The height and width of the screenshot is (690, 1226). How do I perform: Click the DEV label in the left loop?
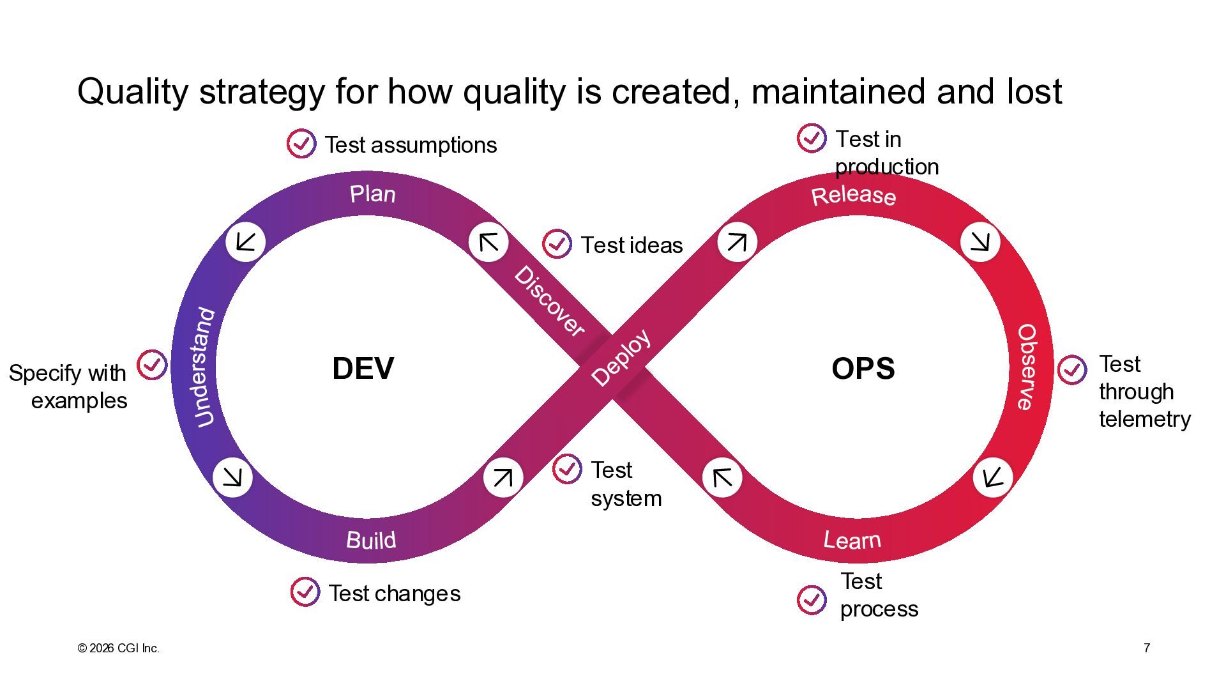pos(363,369)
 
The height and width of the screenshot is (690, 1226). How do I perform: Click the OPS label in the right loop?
pos(863,369)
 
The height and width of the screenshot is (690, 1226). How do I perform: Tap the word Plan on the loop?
pos(372,194)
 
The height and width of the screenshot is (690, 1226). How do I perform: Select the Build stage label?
pos(371,540)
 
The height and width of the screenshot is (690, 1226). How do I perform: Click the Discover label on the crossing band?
pos(549,301)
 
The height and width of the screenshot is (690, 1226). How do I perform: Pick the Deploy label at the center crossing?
pos(621,358)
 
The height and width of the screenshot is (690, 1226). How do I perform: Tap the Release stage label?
pos(853,195)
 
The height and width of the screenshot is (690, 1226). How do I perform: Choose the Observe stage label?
pos(1026,367)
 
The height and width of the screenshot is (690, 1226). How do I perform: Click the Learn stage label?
pos(852,540)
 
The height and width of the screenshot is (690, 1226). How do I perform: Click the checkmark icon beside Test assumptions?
pos(301,144)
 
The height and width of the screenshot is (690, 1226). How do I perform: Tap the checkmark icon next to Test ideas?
pos(556,243)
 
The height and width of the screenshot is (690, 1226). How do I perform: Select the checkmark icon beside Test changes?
pos(305,592)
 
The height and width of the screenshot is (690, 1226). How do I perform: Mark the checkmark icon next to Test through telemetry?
pos(1071,370)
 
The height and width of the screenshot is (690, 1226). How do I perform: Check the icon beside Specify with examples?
pos(152,365)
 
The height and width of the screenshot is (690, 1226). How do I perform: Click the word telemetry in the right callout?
pos(1144,419)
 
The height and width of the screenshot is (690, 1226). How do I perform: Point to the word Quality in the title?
pos(132,91)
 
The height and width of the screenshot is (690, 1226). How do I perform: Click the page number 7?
pos(1147,648)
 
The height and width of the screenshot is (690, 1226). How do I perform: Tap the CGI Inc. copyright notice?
pos(119,648)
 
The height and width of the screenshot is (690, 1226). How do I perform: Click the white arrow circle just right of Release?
pos(980,241)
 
